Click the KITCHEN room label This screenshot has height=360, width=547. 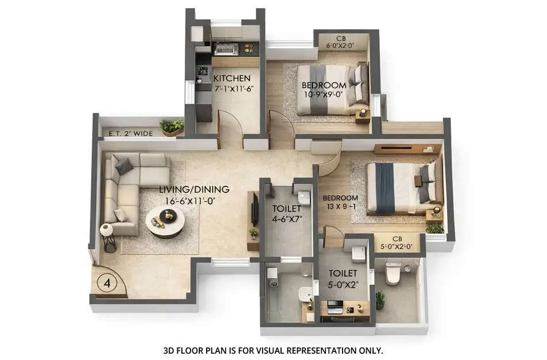[x=232, y=78]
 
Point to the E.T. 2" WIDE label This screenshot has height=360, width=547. [x=130, y=134]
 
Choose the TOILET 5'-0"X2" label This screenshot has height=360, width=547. [x=343, y=278]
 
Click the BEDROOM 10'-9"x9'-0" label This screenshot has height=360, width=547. [x=324, y=91]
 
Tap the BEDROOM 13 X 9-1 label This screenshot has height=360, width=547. [x=340, y=203]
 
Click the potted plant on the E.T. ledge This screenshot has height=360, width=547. [x=172, y=126]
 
